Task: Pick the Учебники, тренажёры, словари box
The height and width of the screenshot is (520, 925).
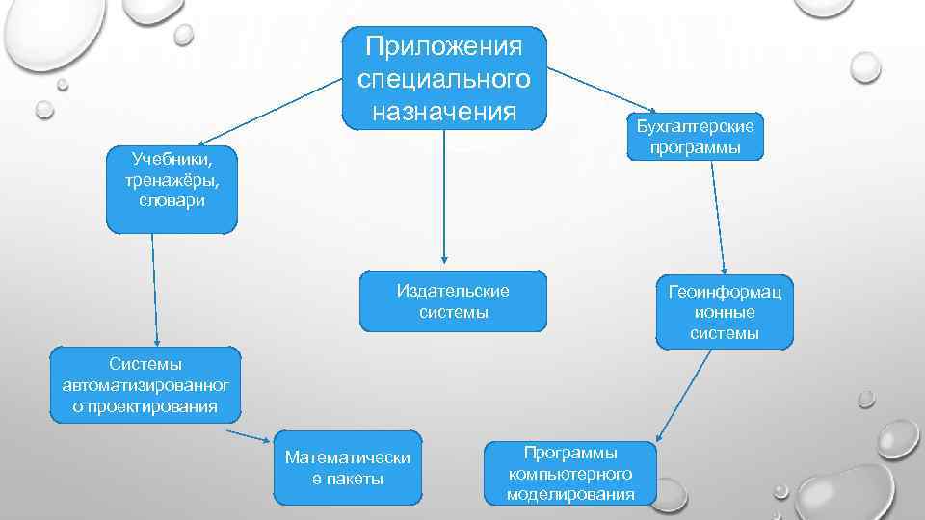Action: point(171,190)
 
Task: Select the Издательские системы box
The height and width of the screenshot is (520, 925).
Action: point(453,301)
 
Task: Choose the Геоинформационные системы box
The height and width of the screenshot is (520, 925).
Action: point(725,311)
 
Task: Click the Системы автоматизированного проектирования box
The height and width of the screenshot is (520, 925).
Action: point(145,384)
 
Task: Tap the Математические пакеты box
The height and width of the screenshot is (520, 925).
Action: point(348,467)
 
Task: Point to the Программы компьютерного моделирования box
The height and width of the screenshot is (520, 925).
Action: point(570,473)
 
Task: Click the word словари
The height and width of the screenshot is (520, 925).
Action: point(171,201)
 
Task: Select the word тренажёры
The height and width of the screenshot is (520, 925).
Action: point(171,179)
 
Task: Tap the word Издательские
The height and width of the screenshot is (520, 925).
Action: point(453,291)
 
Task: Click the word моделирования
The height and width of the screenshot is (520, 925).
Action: point(570,495)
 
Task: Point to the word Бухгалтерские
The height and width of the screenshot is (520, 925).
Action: point(695,127)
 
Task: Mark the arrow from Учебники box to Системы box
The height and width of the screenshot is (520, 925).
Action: point(153,289)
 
